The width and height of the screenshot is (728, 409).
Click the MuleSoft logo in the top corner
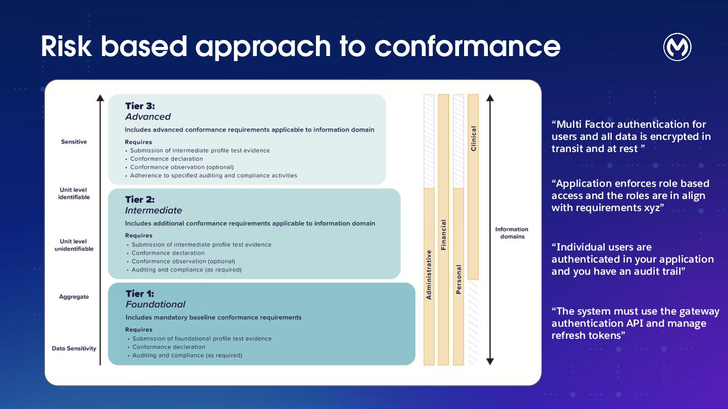(x=677, y=47)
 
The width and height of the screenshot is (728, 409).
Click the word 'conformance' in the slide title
(x=467, y=46)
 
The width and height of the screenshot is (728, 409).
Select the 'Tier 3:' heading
(x=140, y=106)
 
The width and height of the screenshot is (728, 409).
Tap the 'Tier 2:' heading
(x=140, y=199)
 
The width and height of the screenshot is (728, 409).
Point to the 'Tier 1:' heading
(x=140, y=293)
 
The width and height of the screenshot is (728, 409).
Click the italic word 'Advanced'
(x=148, y=117)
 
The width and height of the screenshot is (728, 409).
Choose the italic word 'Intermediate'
(x=154, y=211)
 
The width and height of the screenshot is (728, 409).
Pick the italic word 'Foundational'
(x=156, y=304)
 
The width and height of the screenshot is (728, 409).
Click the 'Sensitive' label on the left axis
(x=74, y=142)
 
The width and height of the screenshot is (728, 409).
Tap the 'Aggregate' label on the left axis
(x=74, y=297)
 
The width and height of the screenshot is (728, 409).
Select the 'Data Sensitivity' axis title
(x=74, y=348)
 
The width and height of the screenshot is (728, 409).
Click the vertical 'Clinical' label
(x=473, y=138)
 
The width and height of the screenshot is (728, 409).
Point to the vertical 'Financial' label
(x=443, y=235)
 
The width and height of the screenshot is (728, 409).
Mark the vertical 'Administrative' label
(x=429, y=275)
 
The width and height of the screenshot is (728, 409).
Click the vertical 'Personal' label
(x=459, y=279)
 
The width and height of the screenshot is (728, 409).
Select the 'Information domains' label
(x=512, y=233)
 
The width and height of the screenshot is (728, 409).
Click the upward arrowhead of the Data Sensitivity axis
(x=100, y=97)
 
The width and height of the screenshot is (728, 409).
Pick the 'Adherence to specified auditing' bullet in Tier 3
(x=213, y=176)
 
